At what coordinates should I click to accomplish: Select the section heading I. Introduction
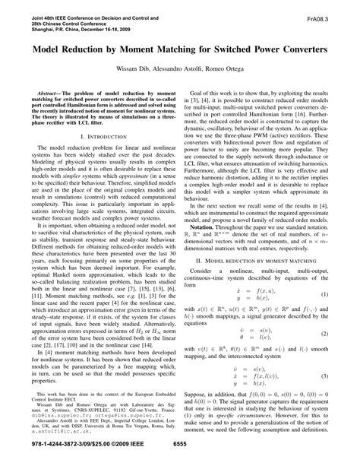tap(95, 137)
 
